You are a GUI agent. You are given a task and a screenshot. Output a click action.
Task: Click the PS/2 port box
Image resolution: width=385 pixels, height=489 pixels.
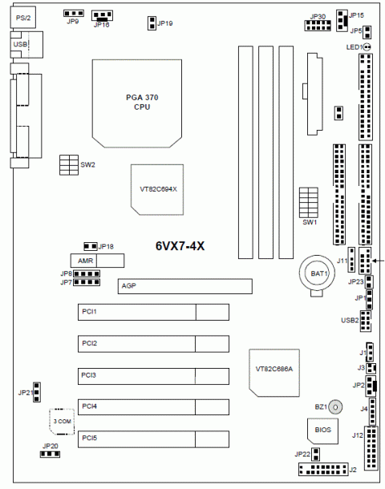tap(22, 18)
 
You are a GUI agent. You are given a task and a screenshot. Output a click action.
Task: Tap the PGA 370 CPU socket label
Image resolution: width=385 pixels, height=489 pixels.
tap(142, 103)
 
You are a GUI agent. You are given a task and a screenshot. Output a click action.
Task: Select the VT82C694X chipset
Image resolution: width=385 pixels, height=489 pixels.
tap(157, 190)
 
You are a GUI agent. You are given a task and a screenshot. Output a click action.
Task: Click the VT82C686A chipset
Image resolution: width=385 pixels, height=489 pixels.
tap(274, 373)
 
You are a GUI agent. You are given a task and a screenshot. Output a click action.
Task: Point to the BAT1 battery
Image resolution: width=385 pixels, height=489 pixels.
tap(318, 274)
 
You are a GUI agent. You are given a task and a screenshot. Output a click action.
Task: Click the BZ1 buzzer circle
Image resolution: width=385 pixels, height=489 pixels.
tap(335, 407)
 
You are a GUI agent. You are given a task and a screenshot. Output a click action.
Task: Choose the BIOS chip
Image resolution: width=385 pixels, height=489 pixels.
tap(322, 430)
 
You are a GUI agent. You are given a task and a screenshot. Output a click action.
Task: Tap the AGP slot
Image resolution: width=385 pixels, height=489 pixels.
tap(185, 286)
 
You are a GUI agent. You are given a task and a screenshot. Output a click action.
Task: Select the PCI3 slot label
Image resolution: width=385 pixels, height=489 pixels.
tap(88, 375)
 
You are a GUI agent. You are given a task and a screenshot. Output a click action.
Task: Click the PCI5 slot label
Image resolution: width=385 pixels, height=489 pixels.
tap(90, 438)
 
